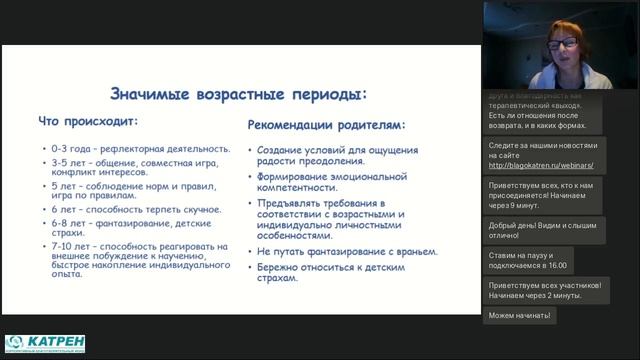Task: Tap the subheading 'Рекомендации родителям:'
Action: pos(326,126)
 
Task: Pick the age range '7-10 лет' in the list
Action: pos(71,246)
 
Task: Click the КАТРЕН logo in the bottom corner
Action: pos(45,344)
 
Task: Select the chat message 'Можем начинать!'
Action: pos(519,316)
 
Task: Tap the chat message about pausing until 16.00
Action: pos(530,260)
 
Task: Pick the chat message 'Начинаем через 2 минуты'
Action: pos(546,290)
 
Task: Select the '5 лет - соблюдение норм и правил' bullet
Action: pos(136,191)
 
